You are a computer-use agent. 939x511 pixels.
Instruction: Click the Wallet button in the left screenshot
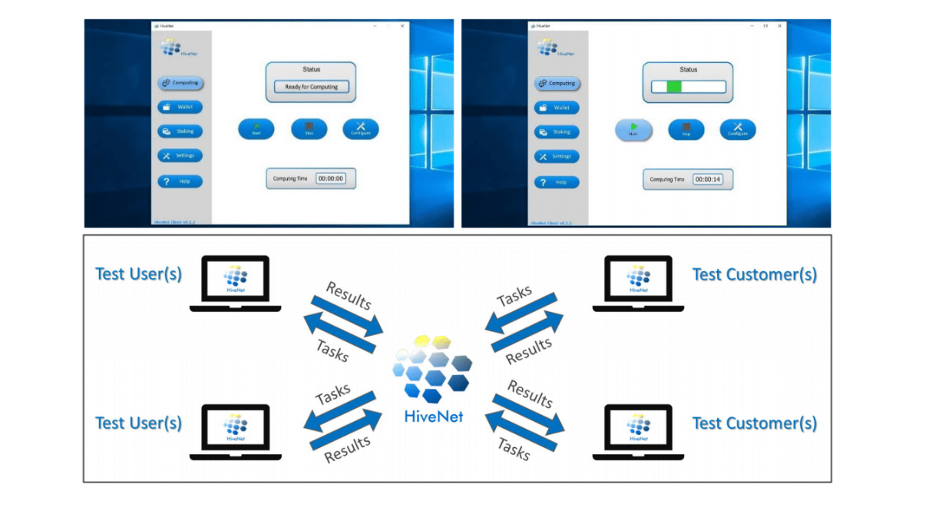click(180, 107)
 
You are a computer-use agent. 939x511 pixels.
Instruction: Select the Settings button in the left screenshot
click(180, 155)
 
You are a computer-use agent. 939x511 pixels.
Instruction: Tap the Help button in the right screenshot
click(557, 182)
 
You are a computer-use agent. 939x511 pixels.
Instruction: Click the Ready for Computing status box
click(311, 87)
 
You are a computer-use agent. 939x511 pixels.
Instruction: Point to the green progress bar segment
click(674, 87)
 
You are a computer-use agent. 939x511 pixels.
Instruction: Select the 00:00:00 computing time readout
click(331, 178)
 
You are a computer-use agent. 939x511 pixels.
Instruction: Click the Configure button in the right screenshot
click(737, 130)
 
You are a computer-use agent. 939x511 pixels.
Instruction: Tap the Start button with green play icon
click(633, 130)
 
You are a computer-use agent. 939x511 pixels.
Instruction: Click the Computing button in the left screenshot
click(180, 82)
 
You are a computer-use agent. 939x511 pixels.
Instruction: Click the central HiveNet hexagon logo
click(432, 369)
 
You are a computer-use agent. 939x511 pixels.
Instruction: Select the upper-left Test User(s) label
click(138, 274)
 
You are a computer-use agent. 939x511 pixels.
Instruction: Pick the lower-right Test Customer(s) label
click(754, 423)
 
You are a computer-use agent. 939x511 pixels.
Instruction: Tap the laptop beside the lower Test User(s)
click(236, 430)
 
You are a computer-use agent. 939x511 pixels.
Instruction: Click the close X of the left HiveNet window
click(402, 25)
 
